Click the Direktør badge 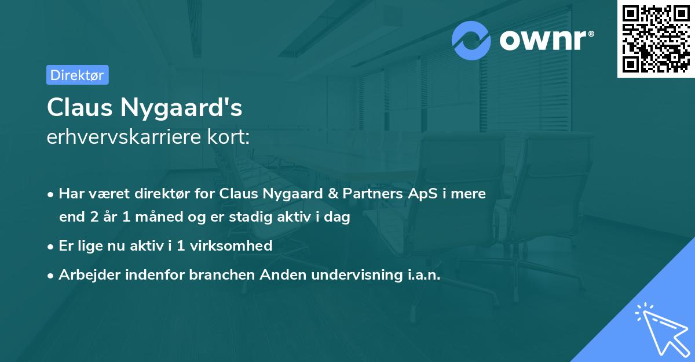click(x=77, y=75)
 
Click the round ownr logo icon click(x=471, y=41)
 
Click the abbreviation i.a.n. click(x=420, y=274)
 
